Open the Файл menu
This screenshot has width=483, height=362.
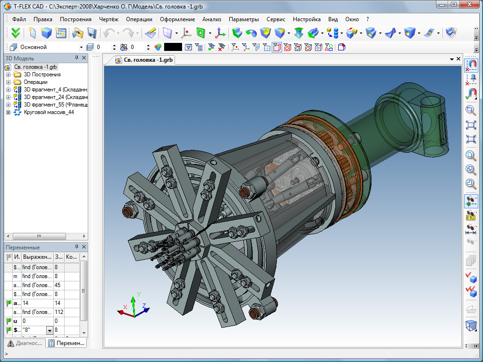[x=19, y=19]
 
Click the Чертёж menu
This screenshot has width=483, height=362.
[x=108, y=19]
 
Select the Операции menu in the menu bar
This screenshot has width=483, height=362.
[x=139, y=19]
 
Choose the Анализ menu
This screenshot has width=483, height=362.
[x=212, y=19]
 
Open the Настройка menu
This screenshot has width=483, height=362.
[x=307, y=19]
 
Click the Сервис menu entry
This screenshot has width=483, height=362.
[x=276, y=19]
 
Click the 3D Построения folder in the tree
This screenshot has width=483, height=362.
[x=42, y=74]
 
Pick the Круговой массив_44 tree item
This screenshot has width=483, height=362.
[x=49, y=112]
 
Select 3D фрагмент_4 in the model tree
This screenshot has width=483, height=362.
[x=56, y=90]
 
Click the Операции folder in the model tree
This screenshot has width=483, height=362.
[x=35, y=82]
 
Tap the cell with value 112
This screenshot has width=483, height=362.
[x=59, y=312]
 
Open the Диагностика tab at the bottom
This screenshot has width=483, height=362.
[x=26, y=344]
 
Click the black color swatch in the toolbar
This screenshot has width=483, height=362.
[x=173, y=47]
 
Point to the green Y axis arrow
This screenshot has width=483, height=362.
[x=133, y=302]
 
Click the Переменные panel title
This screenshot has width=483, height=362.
[x=23, y=247]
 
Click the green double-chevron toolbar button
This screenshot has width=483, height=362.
[x=16, y=33]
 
